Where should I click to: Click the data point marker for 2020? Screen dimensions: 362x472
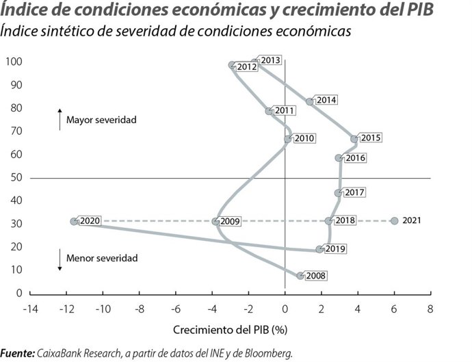[x=74, y=221]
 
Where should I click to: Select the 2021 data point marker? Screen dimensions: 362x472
[x=394, y=221]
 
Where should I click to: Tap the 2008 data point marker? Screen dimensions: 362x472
[x=300, y=276]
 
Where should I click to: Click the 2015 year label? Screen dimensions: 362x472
[x=371, y=138]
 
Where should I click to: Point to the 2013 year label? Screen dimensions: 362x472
[x=272, y=61]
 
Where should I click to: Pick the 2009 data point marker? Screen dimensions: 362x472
[x=215, y=221]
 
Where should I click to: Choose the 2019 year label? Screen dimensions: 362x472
[x=335, y=249]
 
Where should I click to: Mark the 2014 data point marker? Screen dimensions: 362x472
[x=310, y=101]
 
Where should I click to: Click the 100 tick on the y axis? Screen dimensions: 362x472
[x=14, y=62]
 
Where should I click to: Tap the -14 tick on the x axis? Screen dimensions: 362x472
[x=30, y=309]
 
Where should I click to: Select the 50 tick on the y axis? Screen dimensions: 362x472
[x=16, y=178]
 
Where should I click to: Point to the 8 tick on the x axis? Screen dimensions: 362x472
[x=430, y=309]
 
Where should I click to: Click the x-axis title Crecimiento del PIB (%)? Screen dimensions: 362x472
[x=231, y=330]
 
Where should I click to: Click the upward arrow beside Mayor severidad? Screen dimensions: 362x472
[x=60, y=118]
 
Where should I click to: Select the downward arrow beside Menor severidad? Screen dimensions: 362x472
[x=60, y=261]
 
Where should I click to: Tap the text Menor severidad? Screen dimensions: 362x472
[x=102, y=259]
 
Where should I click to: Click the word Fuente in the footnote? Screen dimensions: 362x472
[x=17, y=353]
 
